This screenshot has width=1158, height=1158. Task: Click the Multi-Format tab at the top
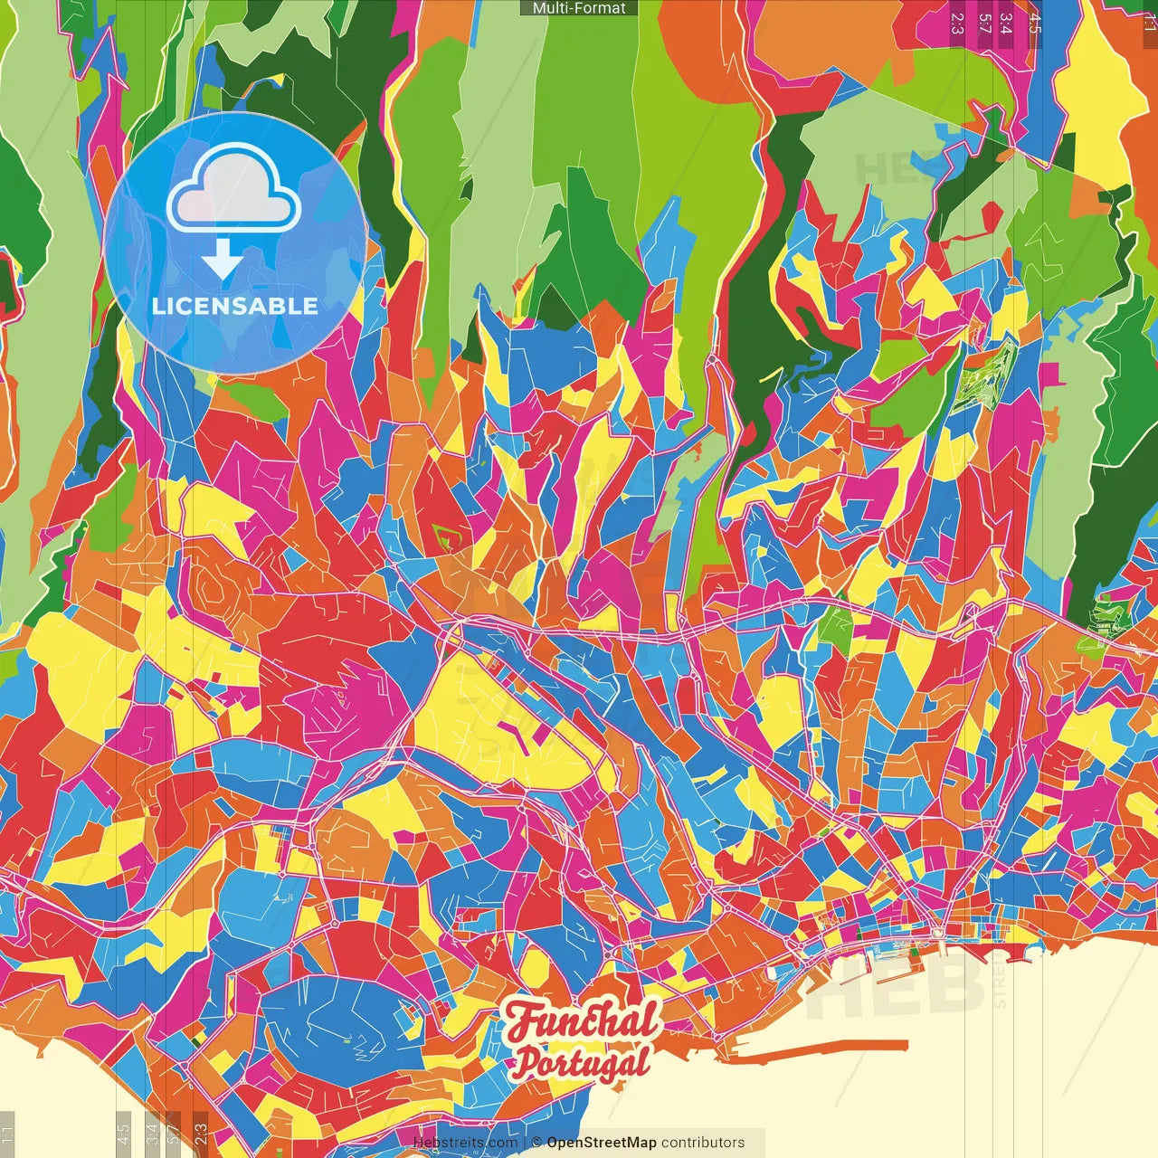tap(579, 8)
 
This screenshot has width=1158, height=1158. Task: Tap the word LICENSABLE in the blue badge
tap(235, 306)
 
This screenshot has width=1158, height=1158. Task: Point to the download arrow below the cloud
tap(222, 260)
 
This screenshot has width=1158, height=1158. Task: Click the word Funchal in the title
tap(584, 1021)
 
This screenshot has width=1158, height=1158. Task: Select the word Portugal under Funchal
tap(582, 1062)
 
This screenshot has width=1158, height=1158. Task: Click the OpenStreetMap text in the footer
tap(602, 1143)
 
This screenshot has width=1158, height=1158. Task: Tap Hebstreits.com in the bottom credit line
tap(465, 1143)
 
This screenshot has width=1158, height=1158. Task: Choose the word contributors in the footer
tap(703, 1143)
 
